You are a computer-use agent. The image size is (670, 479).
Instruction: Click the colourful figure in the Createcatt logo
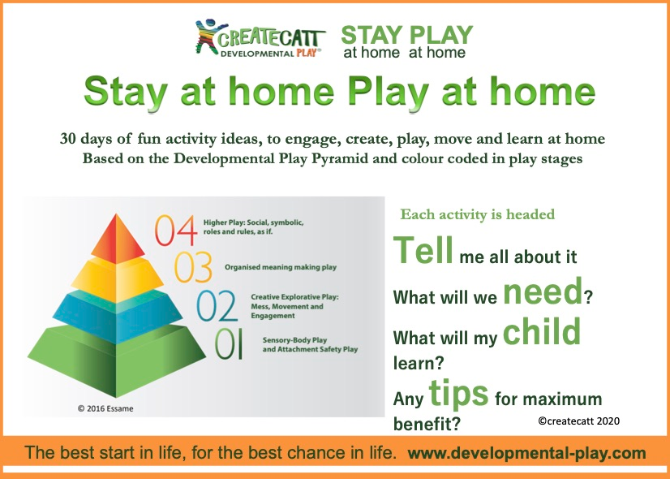click(208, 37)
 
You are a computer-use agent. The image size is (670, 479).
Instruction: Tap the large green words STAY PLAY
click(407, 35)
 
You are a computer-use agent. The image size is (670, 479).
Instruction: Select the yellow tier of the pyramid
click(117, 278)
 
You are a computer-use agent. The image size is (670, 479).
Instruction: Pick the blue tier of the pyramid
click(118, 317)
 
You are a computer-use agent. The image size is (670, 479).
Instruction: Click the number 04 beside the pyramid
click(176, 231)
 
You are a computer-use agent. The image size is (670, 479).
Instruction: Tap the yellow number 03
click(193, 267)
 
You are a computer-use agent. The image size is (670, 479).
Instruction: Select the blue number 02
click(217, 306)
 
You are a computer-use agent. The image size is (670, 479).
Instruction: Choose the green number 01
click(229, 344)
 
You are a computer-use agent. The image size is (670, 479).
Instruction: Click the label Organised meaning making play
click(281, 267)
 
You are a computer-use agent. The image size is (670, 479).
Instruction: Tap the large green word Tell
click(423, 250)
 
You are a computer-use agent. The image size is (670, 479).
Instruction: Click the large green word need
click(543, 291)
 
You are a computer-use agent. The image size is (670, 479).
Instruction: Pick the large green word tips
click(458, 393)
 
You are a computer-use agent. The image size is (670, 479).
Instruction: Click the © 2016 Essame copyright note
click(105, 408)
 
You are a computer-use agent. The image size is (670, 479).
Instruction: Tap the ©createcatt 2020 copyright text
click(579, 421)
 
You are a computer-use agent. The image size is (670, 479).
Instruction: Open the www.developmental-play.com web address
click(527, 453)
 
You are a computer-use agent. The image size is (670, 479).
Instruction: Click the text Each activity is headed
click(477, 214)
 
